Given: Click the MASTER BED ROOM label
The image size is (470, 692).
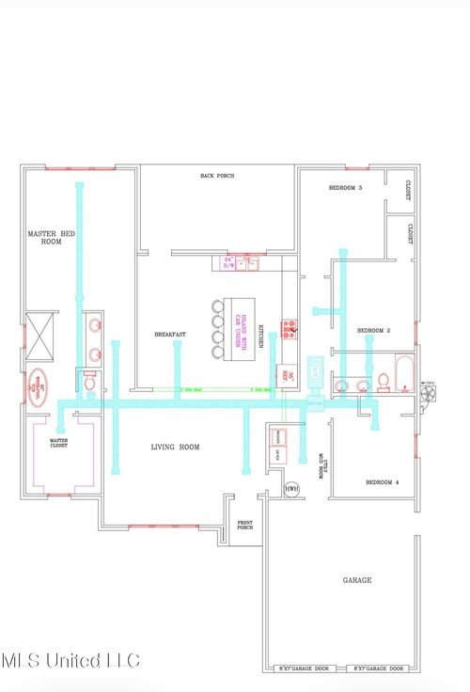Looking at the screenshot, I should (51, 237).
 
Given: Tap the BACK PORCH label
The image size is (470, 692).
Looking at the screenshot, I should (217, 176).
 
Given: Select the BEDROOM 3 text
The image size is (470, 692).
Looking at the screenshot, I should (345, 188).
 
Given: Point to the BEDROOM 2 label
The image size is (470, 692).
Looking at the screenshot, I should (373, 330).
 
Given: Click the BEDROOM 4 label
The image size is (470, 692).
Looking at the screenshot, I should (382, 482).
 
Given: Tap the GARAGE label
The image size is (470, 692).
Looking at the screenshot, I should (355, 581).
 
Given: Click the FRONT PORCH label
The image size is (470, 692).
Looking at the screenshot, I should (245, 526).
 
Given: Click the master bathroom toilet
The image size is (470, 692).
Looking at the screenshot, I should (90, 381).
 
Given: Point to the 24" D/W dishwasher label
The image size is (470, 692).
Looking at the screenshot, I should (227, 262).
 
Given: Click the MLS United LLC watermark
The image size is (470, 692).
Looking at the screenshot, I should (70, 660).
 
